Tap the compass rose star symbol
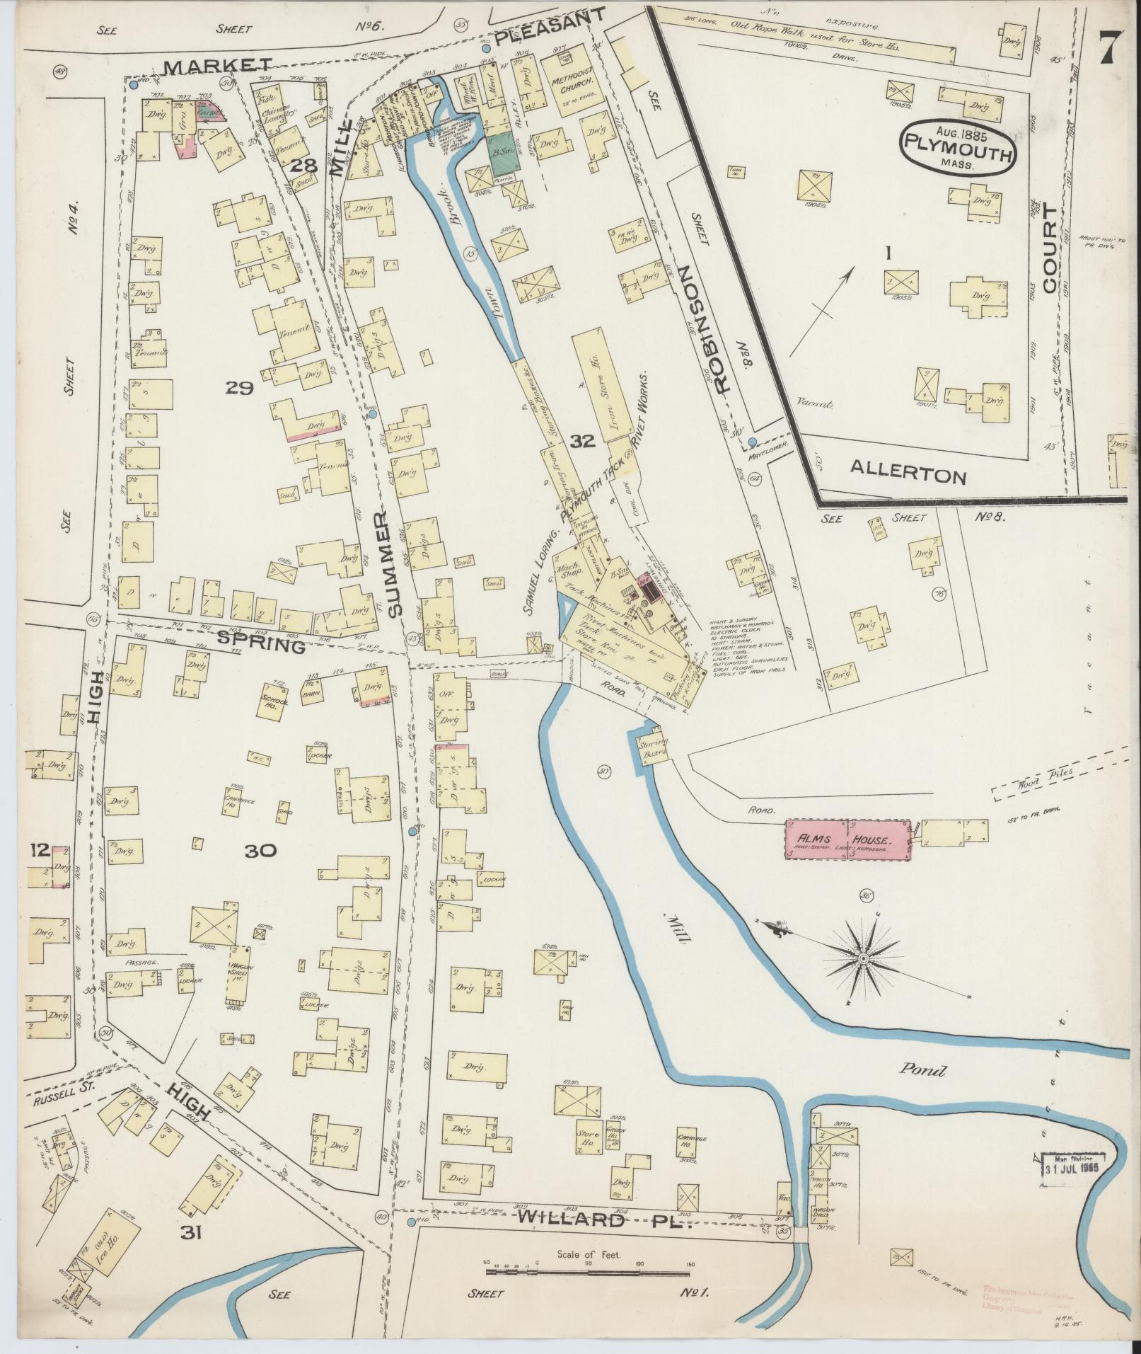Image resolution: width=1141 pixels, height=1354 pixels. pos(863,958)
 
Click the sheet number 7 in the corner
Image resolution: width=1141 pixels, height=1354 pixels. pos(1108,50)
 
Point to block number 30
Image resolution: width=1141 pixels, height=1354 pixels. pos(261,851)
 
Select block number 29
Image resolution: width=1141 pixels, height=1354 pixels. pos(240,387)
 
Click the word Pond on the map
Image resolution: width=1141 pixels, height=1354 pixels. pos(922,1070)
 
